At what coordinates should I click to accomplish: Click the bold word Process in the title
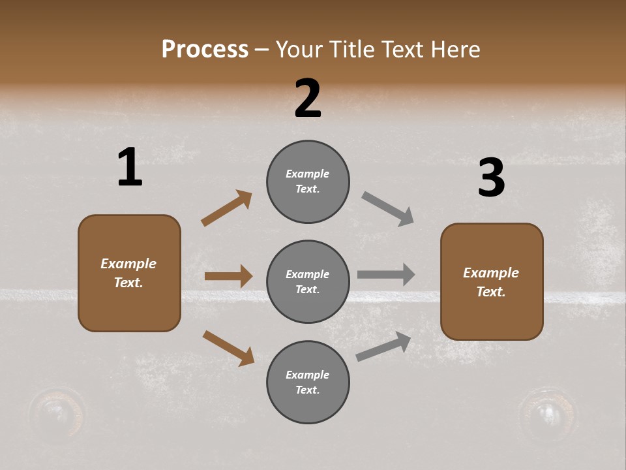pyautogui.click(x=205, y=49)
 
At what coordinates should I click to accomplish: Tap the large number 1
pyautogui.click(x=130, y=168)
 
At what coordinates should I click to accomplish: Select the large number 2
pyautogui.click(x=308, y=99)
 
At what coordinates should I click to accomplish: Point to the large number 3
pyautogui.click(x=491, y=178)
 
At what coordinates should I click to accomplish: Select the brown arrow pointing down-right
pyautogui.click(x=228, y=347)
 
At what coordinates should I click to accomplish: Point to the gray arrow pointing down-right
pyautogui.click(x=388, y=209)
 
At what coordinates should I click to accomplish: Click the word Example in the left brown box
pyautogui.click(x=128, y=264)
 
